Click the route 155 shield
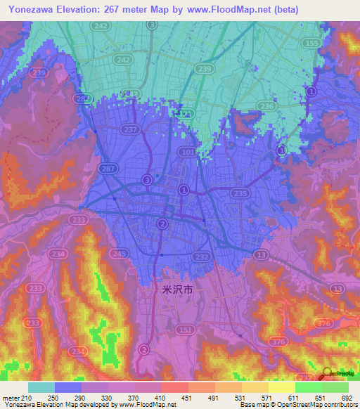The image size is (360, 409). click(x=311, y=43)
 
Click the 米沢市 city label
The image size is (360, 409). click(x=172, y=289)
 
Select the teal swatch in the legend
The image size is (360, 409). click(x=41, y=387)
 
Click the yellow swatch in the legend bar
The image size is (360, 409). click(x=281, y=387)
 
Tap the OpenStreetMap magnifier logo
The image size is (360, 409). click(x=327, y=373)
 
